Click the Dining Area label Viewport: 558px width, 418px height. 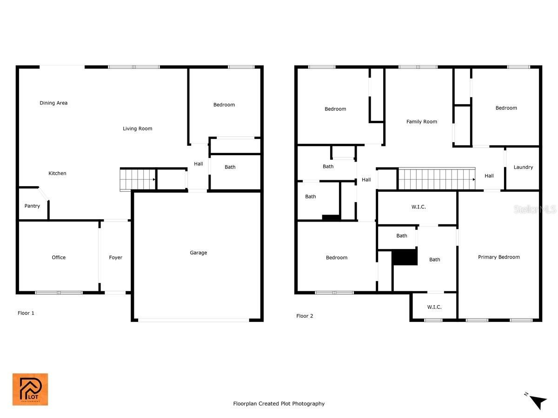pyautogui.click(x=53, y=103)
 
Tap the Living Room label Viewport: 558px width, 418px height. pyautogui.click(x=137, y=129)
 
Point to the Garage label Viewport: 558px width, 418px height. pyautogui.click(x=198, y=253)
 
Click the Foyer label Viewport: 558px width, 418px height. pyautogui.click(x=115, y=257)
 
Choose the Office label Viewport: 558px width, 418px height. pyautogui.click(x=59, y=257)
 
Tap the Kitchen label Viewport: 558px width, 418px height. pyautogui.click(x=57, y=173)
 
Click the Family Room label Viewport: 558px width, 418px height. pyautogui.click(x=421, y=122)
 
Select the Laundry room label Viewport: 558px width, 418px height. pyautogui.click(x=523, y=167)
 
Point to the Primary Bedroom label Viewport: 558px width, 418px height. pyautogui.click(x=498, y=257)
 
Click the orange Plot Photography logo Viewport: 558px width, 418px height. pyautogui.click(x=30, y=389)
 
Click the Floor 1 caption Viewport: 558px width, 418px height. pyautogui.click(x=26, y=313)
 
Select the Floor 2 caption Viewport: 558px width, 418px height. pyautogui.click(x=304, y=316)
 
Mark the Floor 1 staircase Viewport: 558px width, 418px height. pyautogui.click(x=138, y=179)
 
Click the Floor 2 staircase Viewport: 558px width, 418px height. pyautogui.click(x=437, y=179)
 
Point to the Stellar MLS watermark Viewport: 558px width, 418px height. pyautogui.click(x=535, y=209)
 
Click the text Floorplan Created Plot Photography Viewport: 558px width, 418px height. pyautogui.click(x=279, y=403)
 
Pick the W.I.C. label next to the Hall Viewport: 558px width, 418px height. pyautogui.click(x=418, y=207)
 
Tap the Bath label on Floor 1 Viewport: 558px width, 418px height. pyautogui.click(x=230, y=167)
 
